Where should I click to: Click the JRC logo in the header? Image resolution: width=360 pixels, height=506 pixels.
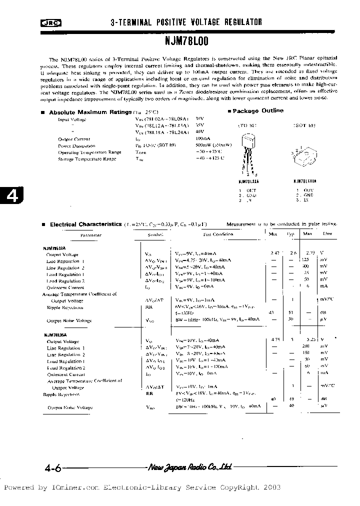click(x=48, y=22)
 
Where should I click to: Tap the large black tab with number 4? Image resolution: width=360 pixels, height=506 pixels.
click(x=10, y=196)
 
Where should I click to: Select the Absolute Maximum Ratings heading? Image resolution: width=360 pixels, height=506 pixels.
click(x=90, y=112)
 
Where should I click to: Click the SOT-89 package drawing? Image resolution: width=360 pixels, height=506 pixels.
click(x=304, y=155)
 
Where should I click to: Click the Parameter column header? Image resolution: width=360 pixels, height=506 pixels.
click(x=91, y=234)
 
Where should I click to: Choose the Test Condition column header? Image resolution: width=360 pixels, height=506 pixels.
click(x=217, y=234)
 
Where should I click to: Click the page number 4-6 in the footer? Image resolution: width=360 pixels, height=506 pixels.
click(x=52, y=468)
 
